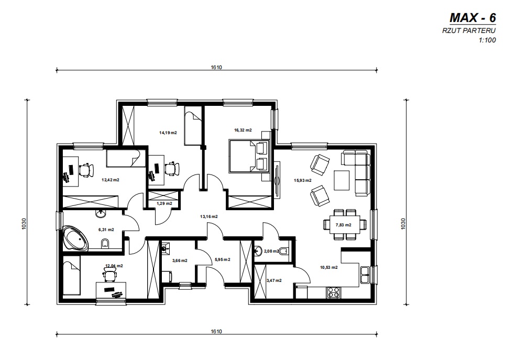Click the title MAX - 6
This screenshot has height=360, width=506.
(x=472, y=18)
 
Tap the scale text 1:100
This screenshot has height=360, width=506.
(x=487, y=40)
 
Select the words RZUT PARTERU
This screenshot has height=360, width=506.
(x=469, y=31)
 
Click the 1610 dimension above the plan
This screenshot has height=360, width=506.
(x=216, y=68)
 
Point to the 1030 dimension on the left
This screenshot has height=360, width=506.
(x=24, y=224)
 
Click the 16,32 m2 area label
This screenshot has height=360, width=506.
(x=243, y=130)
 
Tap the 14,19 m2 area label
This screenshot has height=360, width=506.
(x=168, y=133)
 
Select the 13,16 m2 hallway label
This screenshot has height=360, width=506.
(x=209, y=216)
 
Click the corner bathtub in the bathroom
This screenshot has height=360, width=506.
(x=76, y=237)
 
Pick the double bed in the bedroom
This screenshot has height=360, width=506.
(x=249, y=156)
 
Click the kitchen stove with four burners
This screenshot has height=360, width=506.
(x=333, y=292)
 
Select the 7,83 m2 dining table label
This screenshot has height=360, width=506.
(x=344, y=225)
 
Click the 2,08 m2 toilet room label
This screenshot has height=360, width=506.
(x=271, y=251)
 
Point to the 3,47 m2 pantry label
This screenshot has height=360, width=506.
(x=274, y=280)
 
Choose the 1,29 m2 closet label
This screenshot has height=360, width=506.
(x=164, y=203)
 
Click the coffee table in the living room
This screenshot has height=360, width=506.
(x=342, y=180)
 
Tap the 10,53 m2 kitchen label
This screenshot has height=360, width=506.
(x=329, y=267)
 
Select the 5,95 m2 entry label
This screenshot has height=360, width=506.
(x=222, y=259)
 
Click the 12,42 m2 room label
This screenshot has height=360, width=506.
(x=111, y=180)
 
